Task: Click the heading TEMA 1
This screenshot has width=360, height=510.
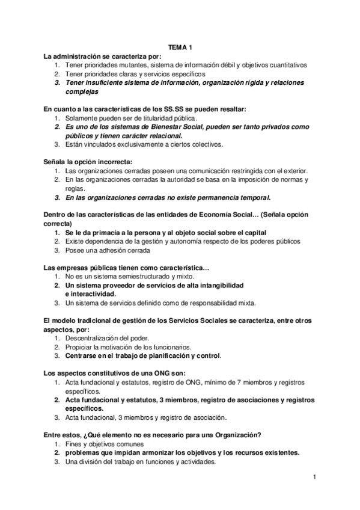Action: pos(180,46)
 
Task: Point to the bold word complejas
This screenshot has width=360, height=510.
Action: pos(82,92)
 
